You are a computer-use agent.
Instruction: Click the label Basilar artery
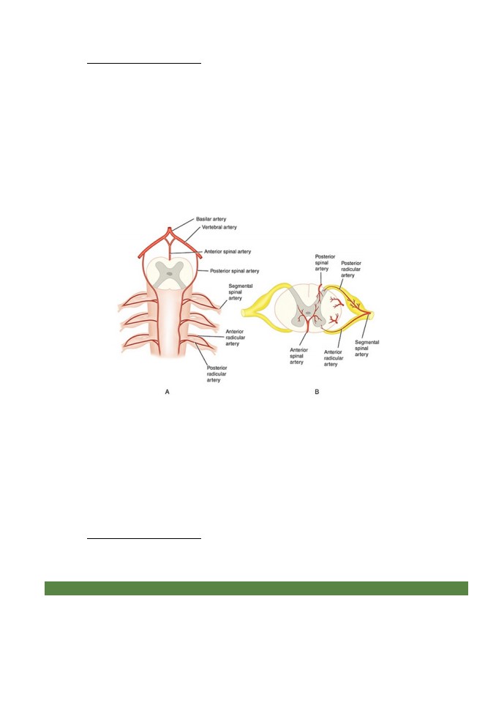(211, 219)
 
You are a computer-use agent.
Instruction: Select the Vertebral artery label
(219, 227)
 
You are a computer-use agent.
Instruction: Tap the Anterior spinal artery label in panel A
(228, 252)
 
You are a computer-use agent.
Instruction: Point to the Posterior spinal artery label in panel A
(235, 271)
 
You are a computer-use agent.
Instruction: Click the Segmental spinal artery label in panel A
(241, 292)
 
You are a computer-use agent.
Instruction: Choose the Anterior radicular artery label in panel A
(236, 338)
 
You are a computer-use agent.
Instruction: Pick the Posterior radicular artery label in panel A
(217, 374)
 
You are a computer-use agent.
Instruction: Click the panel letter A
(167, 392)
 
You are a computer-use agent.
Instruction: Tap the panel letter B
(317, 392)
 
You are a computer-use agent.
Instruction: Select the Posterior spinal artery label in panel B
(325, 263)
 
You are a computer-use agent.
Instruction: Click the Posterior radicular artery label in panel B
(351, 269)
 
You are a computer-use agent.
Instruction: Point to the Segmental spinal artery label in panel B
(367, 349)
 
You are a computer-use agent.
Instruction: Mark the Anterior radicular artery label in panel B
(334, 358)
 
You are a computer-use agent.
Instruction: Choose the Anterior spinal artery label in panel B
(299, 356)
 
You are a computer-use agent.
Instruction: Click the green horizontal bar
(256, 588)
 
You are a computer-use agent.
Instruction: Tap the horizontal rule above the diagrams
(144, 64)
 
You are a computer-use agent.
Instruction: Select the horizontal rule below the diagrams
(144, 538)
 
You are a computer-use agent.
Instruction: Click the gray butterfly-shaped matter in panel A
(170, 274)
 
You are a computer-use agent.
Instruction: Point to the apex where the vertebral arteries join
(170, 228)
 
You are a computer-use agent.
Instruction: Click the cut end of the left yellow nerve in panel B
(244, 312)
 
